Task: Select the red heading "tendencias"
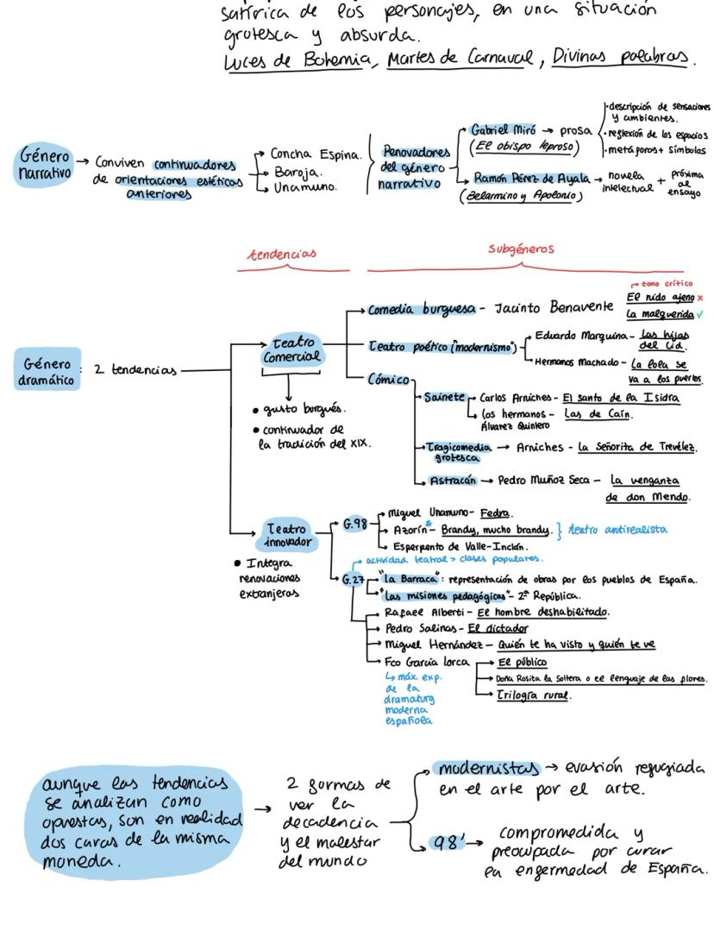point(282,254)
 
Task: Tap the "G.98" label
point(355,522)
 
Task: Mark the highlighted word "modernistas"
point(488,767)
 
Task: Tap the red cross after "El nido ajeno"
point(700,298)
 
